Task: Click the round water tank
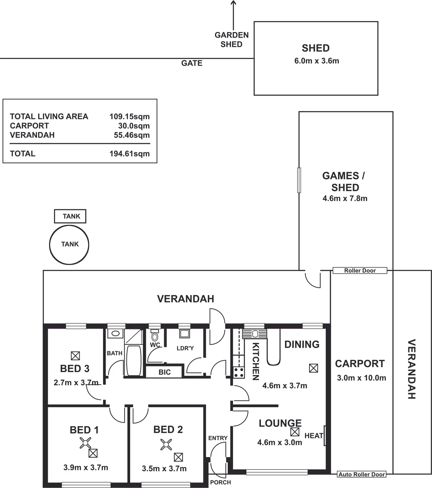click(x=69, y=244)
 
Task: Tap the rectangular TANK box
click(x=70, y=216)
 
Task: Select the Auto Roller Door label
click(x=362, y=474)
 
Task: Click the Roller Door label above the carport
click(x=360, y=271)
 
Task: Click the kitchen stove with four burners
click(x=239, y=372)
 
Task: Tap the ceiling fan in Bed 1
click(x=85, y=443)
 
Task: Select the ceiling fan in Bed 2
click(x=166, y=445)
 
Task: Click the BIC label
click(x=164, y=372)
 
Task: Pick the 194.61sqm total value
click(x=129, y=154)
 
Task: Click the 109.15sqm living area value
click(x=129, y=116)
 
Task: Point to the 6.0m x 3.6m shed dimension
click(x=317, y=61)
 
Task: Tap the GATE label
click(x=192, y=63)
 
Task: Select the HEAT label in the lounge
click(x=314, y=436)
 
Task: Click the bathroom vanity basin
click(x=115, y=333)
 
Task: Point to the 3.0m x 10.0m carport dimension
click(x=361, y=378)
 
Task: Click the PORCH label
click(x=220, y=482)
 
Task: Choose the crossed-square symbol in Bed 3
click(x=75, y=356)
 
